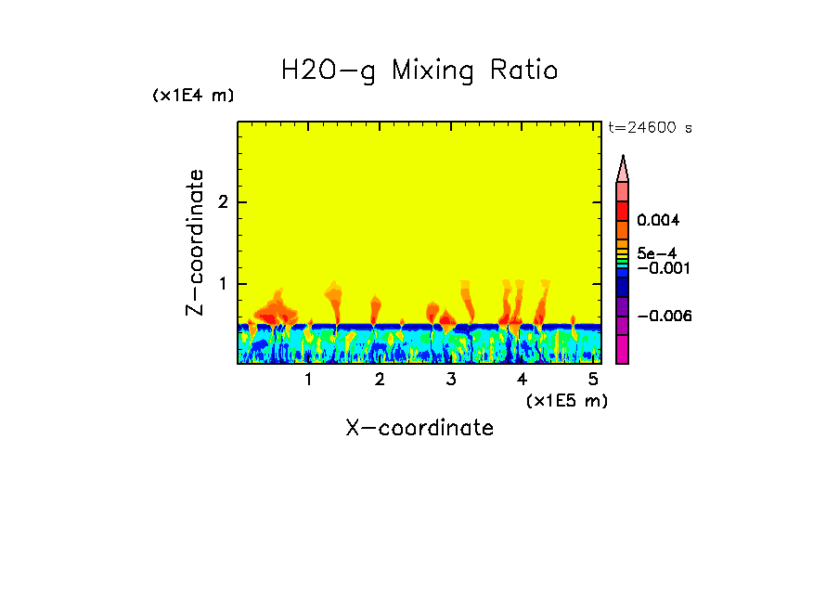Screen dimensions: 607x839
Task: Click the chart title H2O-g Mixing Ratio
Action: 419,71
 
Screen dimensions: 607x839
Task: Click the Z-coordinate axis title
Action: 196,241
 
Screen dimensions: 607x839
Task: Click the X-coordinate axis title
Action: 419,428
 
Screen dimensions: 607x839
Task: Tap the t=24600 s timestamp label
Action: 650,128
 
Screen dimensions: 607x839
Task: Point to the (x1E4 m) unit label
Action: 193,97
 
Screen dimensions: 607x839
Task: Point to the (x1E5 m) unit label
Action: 566,401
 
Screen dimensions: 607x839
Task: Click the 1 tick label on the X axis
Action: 308,380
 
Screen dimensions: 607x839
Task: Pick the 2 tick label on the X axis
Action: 380,380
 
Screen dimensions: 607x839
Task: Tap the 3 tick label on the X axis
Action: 451,380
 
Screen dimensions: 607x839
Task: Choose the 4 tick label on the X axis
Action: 523,380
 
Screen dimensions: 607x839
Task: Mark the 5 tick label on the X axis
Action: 593,380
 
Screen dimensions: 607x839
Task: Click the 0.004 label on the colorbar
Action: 658,221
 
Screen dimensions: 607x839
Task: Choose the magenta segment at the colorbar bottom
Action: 623,349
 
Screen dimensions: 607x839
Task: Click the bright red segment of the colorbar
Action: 623,210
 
